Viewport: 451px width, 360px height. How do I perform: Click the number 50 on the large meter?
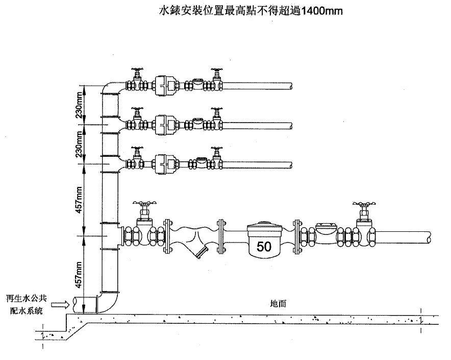point(264,247)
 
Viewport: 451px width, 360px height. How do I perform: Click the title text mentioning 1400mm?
point(249,10)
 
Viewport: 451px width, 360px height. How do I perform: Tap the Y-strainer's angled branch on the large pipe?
point(201,252)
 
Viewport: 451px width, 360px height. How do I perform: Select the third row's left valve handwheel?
point(136,149)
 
